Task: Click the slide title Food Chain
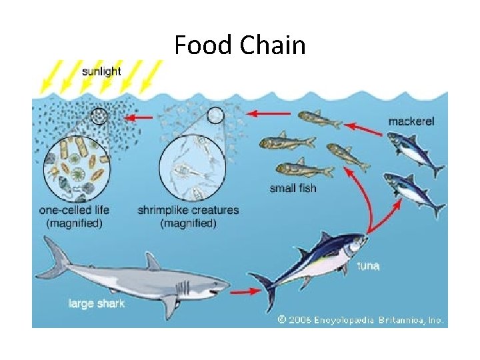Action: (x=240, y=45)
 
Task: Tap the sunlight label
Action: (x=101, y=71)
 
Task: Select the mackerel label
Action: (x=411, y=121)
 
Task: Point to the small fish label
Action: (x=293, y=188)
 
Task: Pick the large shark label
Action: (x=97, y=304)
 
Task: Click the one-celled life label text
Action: (x=75, y=210)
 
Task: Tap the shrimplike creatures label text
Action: (x=188, y=210)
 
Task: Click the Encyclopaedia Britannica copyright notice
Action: (x=361, y=320)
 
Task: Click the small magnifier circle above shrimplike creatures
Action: (x=215, y=116)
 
